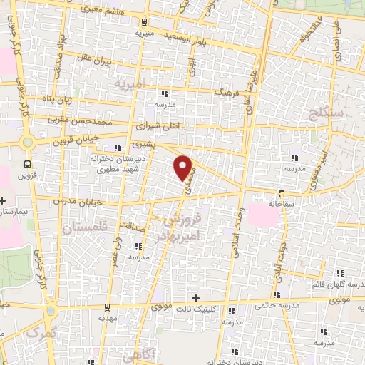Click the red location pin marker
[x=185, y=168]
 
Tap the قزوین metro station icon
[x=27, y=163]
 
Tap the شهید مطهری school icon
[x=117, y=148]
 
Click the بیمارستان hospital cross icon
[x=3, y=200]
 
